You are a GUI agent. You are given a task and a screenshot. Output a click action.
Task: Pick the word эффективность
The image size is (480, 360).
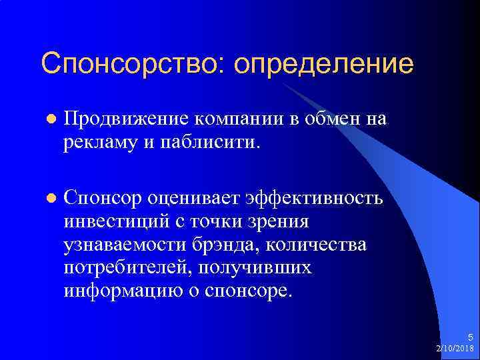[314, 199]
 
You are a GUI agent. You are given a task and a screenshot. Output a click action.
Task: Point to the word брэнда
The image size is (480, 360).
[221, 245]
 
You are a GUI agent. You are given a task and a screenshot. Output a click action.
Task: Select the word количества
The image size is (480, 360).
[316, 245]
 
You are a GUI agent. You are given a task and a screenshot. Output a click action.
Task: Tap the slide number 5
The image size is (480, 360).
[469, 338]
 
